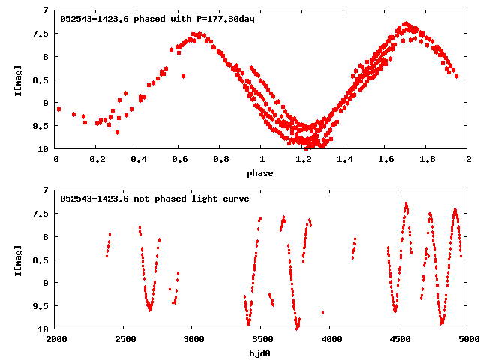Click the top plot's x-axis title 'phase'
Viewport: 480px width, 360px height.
point(262,172)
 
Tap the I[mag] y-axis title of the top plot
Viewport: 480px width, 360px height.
point(17,79)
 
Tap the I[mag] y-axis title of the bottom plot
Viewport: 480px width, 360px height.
point(17,259)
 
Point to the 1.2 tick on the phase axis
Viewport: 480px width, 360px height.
point(303,159)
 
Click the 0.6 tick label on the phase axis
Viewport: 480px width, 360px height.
point(179,159)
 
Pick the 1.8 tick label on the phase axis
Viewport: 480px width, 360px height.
point(427,159)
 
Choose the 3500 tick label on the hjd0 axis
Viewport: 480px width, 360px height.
point(262,339)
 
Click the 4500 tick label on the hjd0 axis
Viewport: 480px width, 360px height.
point(399,339)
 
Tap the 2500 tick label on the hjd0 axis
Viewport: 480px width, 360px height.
point(124,339)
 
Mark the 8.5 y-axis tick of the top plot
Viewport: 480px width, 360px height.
point(45,79)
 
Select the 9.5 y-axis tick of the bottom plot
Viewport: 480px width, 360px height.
point(45,305)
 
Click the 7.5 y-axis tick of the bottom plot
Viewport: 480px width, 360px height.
point(45,214)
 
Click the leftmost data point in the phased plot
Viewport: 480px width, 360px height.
point(58,109)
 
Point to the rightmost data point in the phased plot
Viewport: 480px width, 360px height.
point(456,76)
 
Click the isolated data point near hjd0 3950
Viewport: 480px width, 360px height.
point(322,312)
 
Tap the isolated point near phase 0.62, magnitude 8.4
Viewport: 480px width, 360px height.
point(183,76)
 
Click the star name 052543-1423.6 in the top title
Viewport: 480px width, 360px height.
point(94,18)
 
